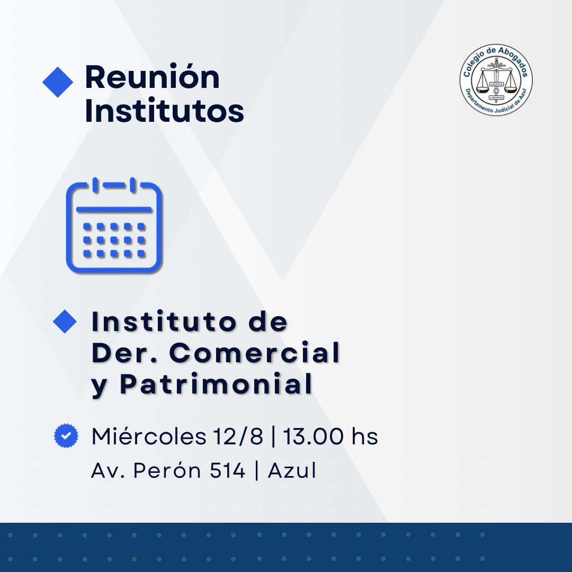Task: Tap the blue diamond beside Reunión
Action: click(58, 82)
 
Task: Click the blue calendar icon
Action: click(114, 225)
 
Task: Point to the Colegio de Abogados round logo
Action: click(496, 80)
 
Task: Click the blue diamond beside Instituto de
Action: click(65, 321)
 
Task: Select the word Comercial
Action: click(255, 353)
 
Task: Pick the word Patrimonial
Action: click(216, 384)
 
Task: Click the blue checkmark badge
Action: click(66, 435)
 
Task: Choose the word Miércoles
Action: click(149, 436)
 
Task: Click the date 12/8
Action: click(238, 436)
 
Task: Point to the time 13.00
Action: click(313, 436)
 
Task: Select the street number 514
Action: click(227, 470)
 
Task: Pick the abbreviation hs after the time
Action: click(364, 436)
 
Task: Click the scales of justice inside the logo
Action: click(496, 81)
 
